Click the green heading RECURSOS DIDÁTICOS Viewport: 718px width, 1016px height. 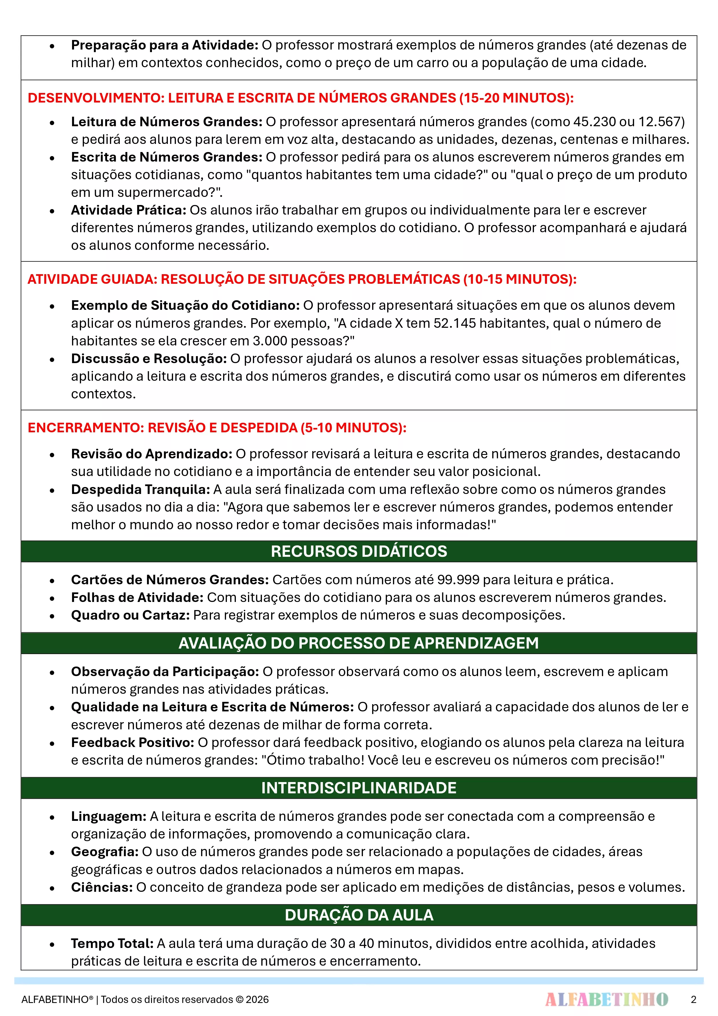[359, 551]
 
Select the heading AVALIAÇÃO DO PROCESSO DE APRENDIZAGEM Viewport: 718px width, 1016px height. [359, 643]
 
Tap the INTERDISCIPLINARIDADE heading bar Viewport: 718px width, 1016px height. [359, 788]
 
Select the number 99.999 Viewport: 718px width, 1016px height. [461, 580]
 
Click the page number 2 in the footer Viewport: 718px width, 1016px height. [693, 999]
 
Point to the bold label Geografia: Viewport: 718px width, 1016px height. [105, 851]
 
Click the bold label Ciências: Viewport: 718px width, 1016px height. [102, 887]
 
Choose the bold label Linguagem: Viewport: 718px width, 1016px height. [109, 816]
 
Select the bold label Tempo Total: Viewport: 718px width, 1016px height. [112, 943]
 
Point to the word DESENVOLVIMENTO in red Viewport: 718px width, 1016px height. [95, 98]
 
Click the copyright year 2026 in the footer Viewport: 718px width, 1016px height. [257, 999]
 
